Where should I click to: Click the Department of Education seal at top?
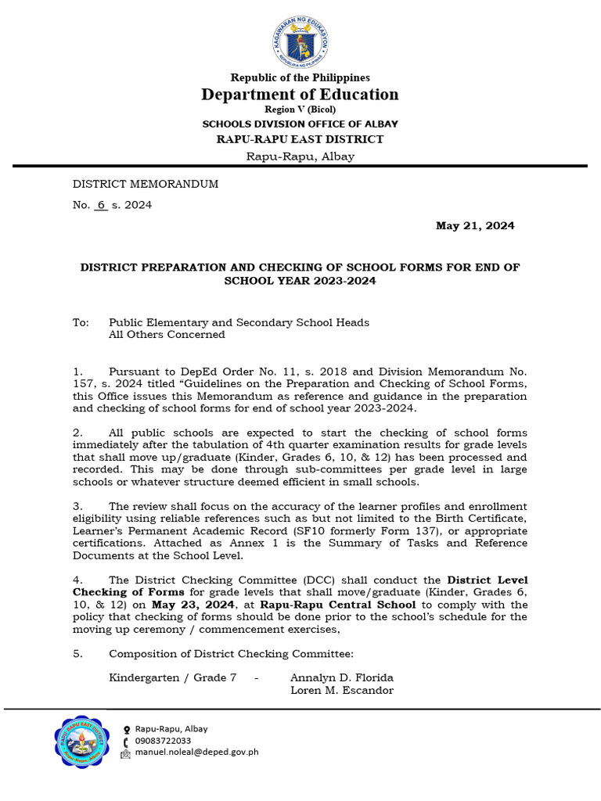click(x=300, y=38)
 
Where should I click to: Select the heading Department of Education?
click(x=300, y=95)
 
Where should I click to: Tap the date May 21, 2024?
click(x=475, y=226)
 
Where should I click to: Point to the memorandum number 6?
click(x=101, y=205)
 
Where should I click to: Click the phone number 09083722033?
click(x=163, y=740)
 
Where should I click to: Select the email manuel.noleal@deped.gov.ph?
click(x=196, y=753)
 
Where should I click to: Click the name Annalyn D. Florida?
click(x=341, y=677)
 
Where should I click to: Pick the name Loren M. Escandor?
click(x=342, y=690)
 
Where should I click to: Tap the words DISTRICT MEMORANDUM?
click(x=146, y=184)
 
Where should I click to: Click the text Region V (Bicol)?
click(x=300, y=110)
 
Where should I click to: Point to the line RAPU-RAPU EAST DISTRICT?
click(x=300, y=139)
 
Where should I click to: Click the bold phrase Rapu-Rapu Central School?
click(x=350, y=605)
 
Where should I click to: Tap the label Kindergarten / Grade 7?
click(x=172, y=677)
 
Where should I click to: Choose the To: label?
click(x=81, y=322)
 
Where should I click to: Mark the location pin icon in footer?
click(x=126, y=729)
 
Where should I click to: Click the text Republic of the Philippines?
click(x=300, y=77)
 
